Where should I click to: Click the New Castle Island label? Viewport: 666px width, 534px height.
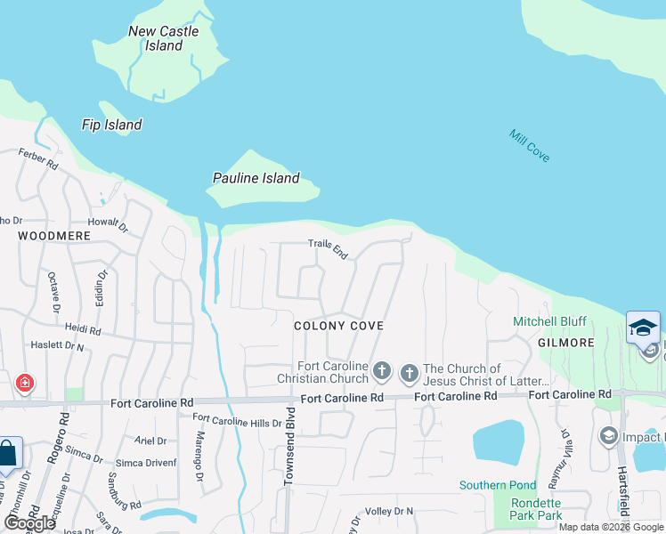pos(164,38)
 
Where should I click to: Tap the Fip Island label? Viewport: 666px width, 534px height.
pos(111,125)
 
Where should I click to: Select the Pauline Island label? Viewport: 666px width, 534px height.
pos(256,178)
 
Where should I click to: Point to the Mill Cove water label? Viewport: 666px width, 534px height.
pos(529,145)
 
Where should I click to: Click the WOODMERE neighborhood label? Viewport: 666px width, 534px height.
pos(54,236)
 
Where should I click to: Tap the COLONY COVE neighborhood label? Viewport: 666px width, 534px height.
pos(338,326)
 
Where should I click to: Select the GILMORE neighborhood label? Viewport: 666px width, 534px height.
pos(565,343)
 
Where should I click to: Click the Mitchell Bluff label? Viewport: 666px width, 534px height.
pos(549,321)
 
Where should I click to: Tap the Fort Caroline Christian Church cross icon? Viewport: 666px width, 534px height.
pos(382,370)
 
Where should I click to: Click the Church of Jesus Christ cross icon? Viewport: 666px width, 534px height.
pos(410,371)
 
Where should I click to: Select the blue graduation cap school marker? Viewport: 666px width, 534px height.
pos(643,328)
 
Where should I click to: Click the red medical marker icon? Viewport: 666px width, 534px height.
pos(25,383)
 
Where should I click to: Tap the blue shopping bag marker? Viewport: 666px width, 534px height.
pos(7,454)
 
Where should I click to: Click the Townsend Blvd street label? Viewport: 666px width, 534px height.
pos(288,459)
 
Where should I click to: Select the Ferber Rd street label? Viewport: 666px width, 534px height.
pos(38,159)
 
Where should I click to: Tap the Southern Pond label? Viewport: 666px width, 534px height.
pos(498,485)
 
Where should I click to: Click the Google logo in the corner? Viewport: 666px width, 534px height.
pos(30,523)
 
